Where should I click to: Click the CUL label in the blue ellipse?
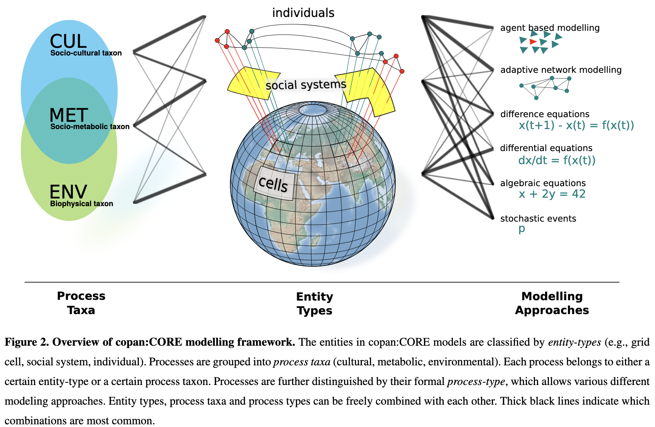(x=68, y=41)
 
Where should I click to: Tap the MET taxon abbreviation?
(x=69, y=115)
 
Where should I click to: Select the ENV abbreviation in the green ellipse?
(x=68, y=192)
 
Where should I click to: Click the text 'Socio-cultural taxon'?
(x=86, y=53)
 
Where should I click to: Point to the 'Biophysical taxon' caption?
(x=81, y=204)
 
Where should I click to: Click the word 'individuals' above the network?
(x=303, y=13)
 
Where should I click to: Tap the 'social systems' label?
(x=306, y=85)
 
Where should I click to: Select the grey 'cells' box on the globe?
(x=274, y=183)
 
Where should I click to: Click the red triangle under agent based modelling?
(x=533, y=42)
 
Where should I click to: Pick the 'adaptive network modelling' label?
(x=561, y=70)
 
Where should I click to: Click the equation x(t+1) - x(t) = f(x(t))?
(x=576, y=126)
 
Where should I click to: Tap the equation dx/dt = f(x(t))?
(x=557, y=160)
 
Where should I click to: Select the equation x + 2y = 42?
(x=552, y=194)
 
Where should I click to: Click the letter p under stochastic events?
(x=522, y=229)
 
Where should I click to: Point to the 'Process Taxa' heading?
(x=81, y=303)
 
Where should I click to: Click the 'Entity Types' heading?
(x=314, y=303)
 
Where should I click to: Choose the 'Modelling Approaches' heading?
(x=552, y=303)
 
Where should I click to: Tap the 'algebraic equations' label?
(x=543, y=183)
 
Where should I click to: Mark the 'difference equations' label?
(x=545, y=114)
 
